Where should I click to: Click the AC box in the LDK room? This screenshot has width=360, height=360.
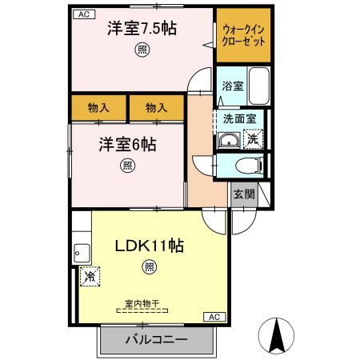[214, 317]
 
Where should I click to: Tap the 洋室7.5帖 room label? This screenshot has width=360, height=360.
[142, 30]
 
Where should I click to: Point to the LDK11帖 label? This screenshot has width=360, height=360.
[149, 246]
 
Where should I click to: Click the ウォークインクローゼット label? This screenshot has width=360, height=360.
[243, 37]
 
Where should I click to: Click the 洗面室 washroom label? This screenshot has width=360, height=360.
[238, 118]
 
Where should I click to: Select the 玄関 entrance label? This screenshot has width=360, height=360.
[244, 194]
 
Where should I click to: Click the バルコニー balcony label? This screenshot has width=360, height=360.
[157, 339]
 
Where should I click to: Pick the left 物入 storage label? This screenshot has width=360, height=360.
[99, 106]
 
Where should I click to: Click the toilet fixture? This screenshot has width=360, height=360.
[250, 166]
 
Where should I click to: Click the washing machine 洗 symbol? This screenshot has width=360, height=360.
[252, 138]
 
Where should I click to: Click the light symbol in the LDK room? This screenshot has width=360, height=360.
[148, 266]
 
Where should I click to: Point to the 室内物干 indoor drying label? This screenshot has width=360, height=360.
[142, 303]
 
